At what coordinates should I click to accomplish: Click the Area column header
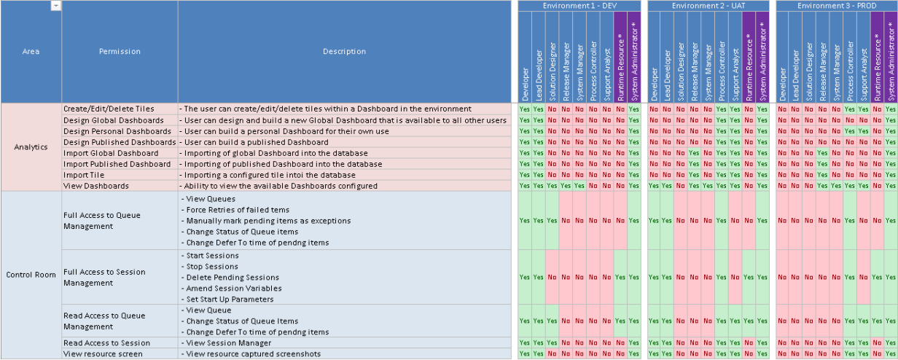tap(31, 51)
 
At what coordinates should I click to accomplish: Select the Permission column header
tap(120, 51)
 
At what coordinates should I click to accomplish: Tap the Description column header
tap(344, 51)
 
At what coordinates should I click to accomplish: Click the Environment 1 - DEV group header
tap(579, 6)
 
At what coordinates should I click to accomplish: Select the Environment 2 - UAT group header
tap(708, 6)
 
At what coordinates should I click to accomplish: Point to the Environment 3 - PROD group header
tap(837, 6)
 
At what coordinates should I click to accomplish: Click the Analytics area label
tap(31, 146)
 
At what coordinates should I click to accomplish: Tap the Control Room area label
tap(31, 275)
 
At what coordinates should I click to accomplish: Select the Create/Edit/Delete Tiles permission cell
tap(120, 109)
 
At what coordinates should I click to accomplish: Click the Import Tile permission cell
tap(120, 175)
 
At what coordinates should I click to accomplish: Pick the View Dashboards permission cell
tap(120, 186)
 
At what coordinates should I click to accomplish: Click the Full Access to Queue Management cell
tap(120, 221)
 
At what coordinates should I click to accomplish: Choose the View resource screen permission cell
tap(120, 353)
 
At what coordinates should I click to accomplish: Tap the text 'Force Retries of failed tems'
tap(238, 210)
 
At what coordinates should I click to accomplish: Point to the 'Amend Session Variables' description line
tap(234, 289)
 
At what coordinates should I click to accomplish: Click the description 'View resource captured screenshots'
tap(254, 353)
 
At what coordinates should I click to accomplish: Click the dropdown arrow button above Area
tap(56, 6)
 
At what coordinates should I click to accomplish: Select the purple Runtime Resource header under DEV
tap(620, 57)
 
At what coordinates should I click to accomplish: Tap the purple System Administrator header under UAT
tap(762, 57)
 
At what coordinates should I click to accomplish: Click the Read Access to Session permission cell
tap(120, 343)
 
